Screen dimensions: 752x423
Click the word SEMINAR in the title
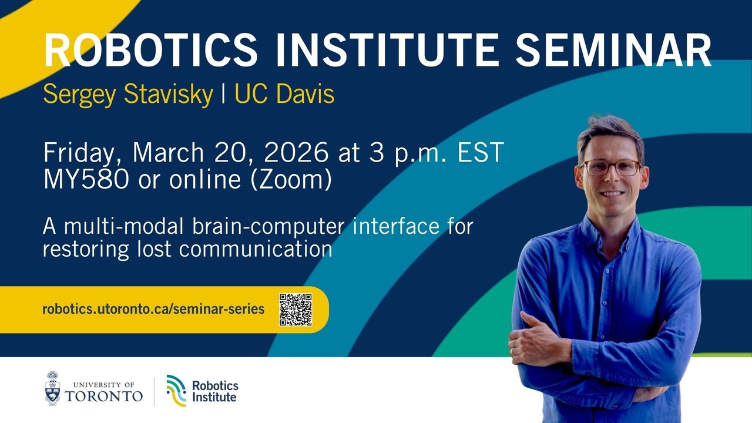click(614, 50)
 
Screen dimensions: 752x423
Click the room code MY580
click(86, 179)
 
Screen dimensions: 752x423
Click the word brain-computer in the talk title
click(268, 227)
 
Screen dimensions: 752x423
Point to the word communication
click(256, 249)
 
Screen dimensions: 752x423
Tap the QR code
click(296, 310)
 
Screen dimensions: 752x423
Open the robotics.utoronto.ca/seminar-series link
click(153, 309)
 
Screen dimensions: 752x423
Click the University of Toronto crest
click(53, 388)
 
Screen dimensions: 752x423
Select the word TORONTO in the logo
click(104, 397)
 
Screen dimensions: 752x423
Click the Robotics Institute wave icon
click(176, 391)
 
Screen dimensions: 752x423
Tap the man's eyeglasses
click(612, 167)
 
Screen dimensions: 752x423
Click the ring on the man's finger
click(512, 351)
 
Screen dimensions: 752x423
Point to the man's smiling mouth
click(612, 194)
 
